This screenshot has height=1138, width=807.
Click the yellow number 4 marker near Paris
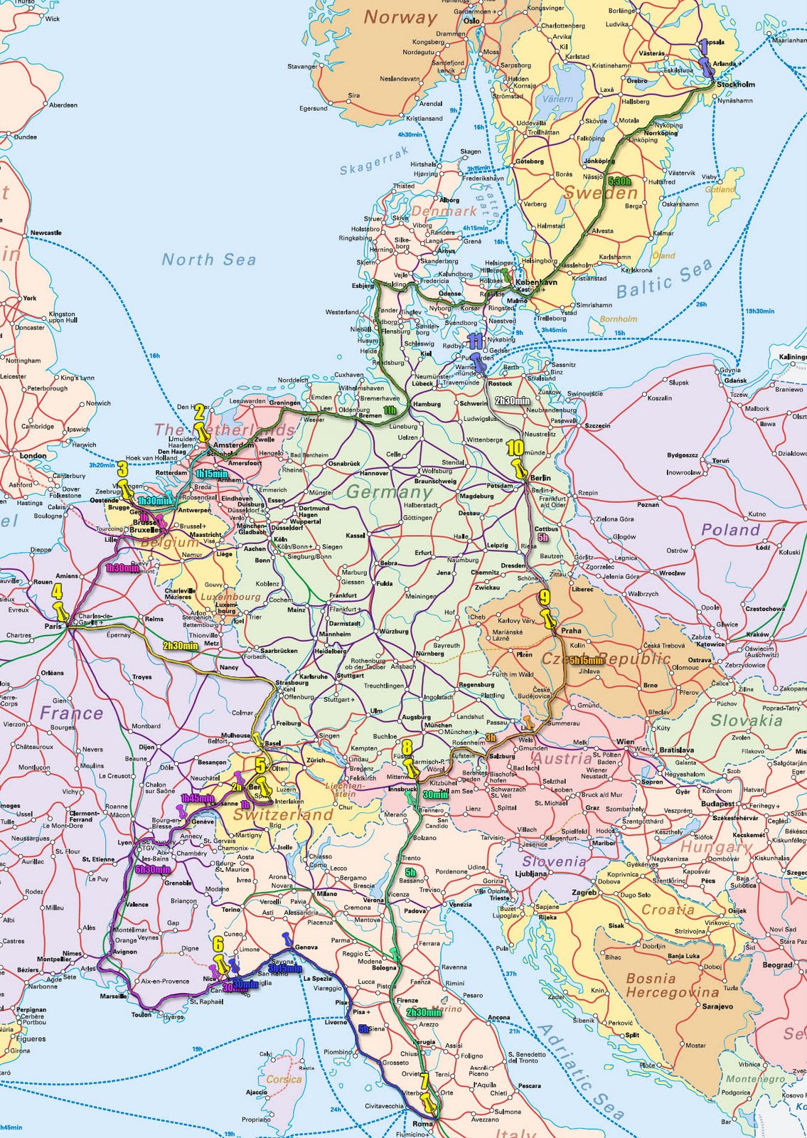tap(57, 591)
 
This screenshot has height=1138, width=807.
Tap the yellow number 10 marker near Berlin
tap(515, 448)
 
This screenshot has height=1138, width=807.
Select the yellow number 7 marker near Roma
tap(424, 1080)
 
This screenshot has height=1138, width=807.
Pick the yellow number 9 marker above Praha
tap(545, 597)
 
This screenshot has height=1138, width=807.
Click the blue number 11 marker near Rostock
tap(475, 341)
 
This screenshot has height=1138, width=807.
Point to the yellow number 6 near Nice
tap(218, 945)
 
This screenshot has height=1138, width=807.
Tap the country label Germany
tap(389, 491)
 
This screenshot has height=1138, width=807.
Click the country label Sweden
tap(600, 193)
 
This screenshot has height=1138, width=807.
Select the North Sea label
tap(208, 260)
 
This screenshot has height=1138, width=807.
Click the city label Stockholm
tap(735, 85)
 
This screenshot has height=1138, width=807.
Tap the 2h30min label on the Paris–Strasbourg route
tap(179, 646)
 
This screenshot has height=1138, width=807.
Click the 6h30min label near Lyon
tap(152, 869)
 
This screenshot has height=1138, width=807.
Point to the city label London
tap(33, 456)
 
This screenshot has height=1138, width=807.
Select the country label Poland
tap(730, 530)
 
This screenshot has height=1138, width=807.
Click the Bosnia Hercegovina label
tap(671, 985)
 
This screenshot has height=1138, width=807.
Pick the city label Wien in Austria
tap(625, 742)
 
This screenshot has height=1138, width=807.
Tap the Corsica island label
tap(284, 1080)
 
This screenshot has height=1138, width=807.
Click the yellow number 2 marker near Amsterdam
tap(200, 411)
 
